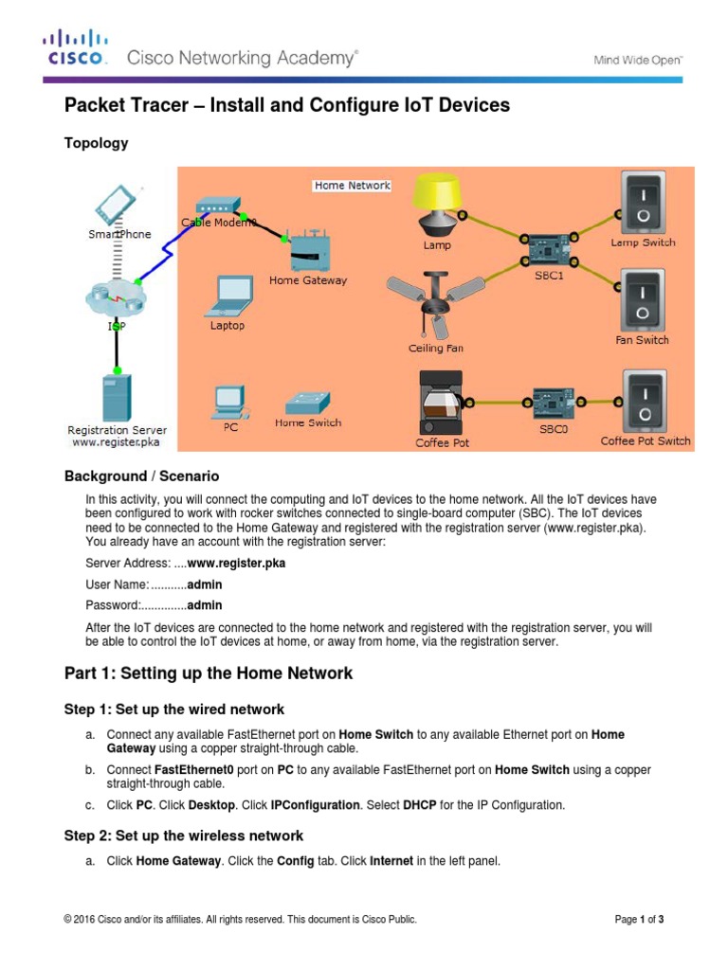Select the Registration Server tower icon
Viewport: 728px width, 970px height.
[x=116, y=397]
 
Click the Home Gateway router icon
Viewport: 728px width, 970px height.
[x=307, y=253]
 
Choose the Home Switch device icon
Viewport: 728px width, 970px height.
[x=308, y=402]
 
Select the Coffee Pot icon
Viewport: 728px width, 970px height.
[x=442, y=403]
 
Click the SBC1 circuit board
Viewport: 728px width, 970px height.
[x=548, y=249]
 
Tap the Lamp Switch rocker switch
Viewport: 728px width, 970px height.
[x=643, y=201]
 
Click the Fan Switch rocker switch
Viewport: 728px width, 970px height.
[x=643, y=298]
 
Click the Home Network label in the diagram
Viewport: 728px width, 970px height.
[x=352, y=186]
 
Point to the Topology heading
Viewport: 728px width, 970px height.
[x=96, y=143]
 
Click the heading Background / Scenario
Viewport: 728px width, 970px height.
[x=141, y=476]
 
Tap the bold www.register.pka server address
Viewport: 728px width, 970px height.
[x=236, y=563]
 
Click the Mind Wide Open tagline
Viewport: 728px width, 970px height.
[x=637, y=60]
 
